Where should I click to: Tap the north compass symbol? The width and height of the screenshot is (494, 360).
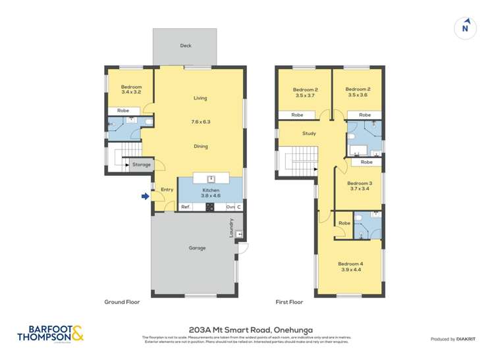click(466, 27)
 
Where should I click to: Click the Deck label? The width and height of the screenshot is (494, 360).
click(185, 45)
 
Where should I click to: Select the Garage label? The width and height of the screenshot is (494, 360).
click(197, 248)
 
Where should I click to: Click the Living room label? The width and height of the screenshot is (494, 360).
click(200, 98)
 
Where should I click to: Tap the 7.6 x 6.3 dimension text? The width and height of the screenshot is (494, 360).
click(200, 122)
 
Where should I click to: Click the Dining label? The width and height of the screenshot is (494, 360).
click(200, 146)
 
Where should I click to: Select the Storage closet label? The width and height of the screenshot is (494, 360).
click(142, 165)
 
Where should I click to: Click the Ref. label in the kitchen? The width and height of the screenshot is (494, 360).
click(186, 207)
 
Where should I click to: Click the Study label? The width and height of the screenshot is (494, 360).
click(309, 134)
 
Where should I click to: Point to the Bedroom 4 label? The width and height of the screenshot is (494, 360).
click(351, 267)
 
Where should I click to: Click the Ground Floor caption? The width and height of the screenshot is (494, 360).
click(122, 302)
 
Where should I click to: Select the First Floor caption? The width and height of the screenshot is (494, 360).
click(289, 302)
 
